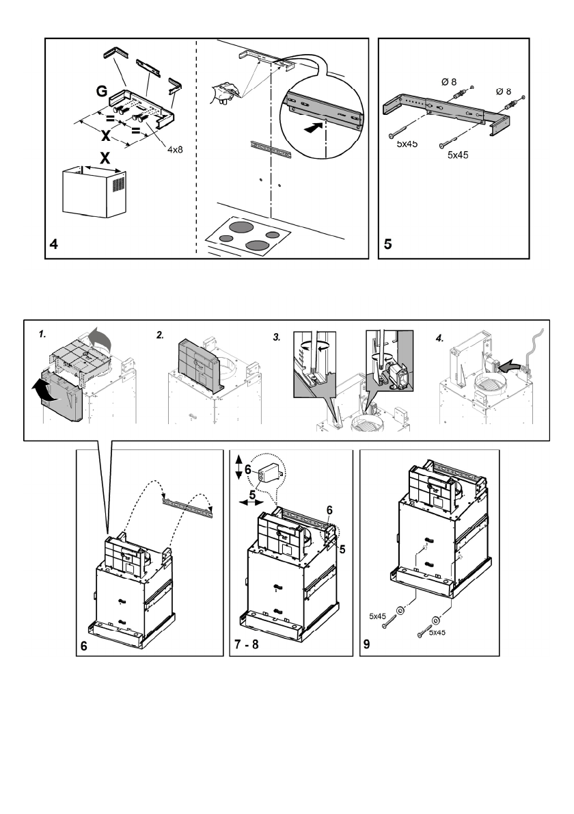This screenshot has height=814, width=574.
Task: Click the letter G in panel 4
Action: point(102,92)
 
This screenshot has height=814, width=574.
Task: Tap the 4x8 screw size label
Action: point(175,150)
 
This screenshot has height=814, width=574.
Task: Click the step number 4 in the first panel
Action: point(55,244)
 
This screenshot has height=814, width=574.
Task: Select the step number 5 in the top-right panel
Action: point(388,244)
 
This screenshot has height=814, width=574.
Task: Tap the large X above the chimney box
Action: point(105,158)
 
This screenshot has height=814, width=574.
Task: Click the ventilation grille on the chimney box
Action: point(120,185)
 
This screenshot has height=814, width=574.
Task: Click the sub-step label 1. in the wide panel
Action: point(42,335)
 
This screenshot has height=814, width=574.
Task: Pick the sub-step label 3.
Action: point(277,337)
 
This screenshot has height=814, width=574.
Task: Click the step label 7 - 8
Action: point(247,645)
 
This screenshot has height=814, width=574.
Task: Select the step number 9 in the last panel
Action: point(367,644)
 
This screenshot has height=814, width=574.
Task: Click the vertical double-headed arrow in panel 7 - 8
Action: point(238,467)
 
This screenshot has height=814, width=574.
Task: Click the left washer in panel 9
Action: point(400,611)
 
